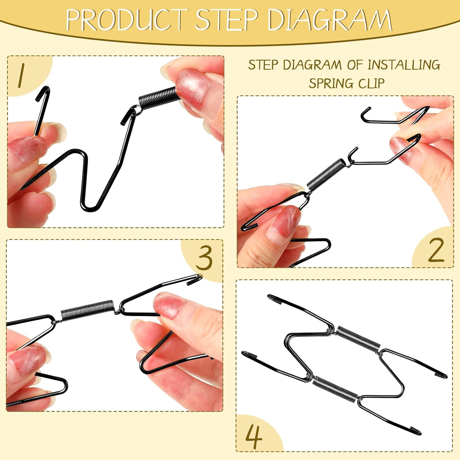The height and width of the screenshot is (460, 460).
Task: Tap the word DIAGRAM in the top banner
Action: click(x=330, y=20)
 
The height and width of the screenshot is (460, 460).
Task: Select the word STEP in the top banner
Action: click(x=227, y=20)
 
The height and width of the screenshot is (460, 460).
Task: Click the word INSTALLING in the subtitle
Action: click(x=404, y=65)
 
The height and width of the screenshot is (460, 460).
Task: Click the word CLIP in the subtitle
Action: click(x=372, y=83)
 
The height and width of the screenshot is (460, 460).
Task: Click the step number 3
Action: click(x=204, y=258)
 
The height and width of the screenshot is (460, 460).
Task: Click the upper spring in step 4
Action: click(x=358, y=339)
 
